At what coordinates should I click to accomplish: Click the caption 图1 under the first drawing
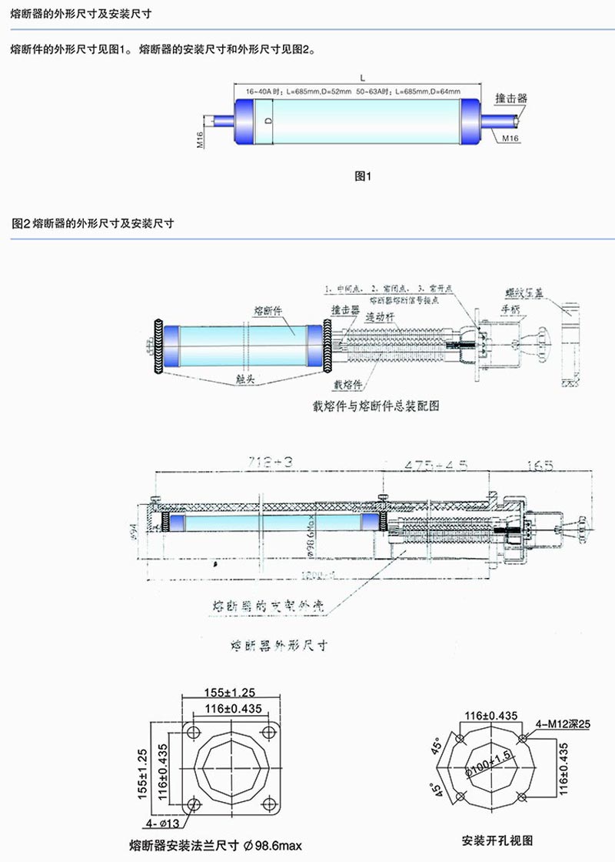362,176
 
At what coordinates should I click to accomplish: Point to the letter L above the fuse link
361,76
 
